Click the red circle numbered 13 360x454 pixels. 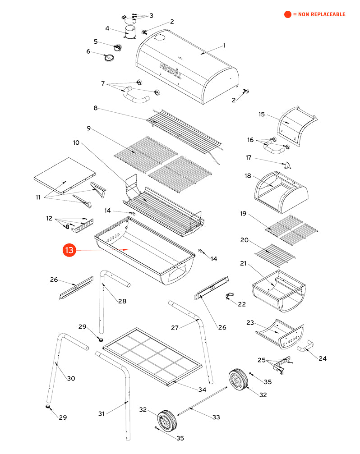(69, 251)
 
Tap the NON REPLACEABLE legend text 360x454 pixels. (319, 14)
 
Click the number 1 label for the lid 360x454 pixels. (224, 46)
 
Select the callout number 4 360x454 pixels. (107, 29)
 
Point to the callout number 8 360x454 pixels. (95, 109)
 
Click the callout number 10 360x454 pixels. (76, 143)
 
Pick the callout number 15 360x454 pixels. (262, 114)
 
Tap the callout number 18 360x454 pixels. (248, 175)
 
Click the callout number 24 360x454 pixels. (323, 359)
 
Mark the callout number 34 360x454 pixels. (202, 390)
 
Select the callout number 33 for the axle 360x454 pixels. (216, 417)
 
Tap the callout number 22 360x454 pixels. (242, 304)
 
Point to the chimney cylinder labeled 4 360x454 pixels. (130, 32)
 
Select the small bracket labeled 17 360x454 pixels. (287, 165)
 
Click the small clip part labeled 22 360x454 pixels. (229, 296)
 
